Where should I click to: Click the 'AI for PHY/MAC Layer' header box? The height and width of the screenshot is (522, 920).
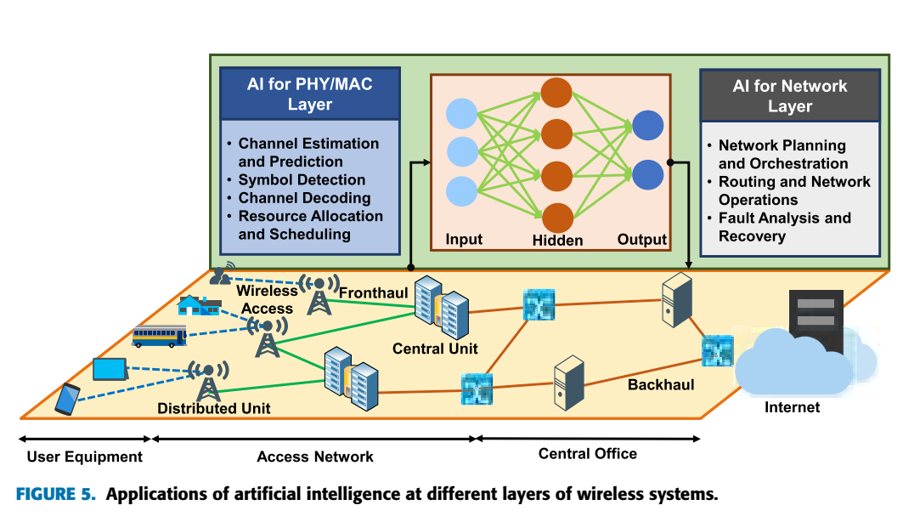click(x=309, y=94)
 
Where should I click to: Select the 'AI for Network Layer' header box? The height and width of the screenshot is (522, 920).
click(x=789, y=95)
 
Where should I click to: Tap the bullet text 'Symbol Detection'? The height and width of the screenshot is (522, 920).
click(x=302, y=179)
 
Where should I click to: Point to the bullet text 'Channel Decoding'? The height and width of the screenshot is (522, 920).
click(x=304, y=198)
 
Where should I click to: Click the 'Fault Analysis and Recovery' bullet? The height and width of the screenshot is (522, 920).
click(x=784, y=227)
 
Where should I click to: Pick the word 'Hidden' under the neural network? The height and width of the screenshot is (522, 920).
click(x=557, y=241)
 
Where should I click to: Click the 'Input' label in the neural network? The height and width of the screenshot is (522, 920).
click(x=464, y=240)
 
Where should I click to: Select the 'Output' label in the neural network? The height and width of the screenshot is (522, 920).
click(x=641, y=240)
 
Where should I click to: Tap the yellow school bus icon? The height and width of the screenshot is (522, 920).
click(x=159, y=337)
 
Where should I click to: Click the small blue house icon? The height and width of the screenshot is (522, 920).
click(x=196, y=305)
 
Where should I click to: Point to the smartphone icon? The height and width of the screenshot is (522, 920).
click(x=67, y=399)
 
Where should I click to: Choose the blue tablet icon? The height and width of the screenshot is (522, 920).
click(x=110, y=369)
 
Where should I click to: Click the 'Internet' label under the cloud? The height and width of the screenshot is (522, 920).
click(x=792, y=407)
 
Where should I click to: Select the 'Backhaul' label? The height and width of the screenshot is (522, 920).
click(x=661, y=385)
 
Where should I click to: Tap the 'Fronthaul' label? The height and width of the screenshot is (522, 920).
click(x=374, y=293)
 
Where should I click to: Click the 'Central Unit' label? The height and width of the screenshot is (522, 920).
click(x=435, y=349)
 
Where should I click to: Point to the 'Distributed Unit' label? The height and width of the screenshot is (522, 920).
click(x=214, y=409)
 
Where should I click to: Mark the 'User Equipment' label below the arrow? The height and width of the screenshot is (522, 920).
click(x=85, y=457)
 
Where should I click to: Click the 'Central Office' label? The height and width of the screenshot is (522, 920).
click(x=587, y=454)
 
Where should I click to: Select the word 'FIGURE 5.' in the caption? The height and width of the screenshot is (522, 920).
click(x=56, y=495)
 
